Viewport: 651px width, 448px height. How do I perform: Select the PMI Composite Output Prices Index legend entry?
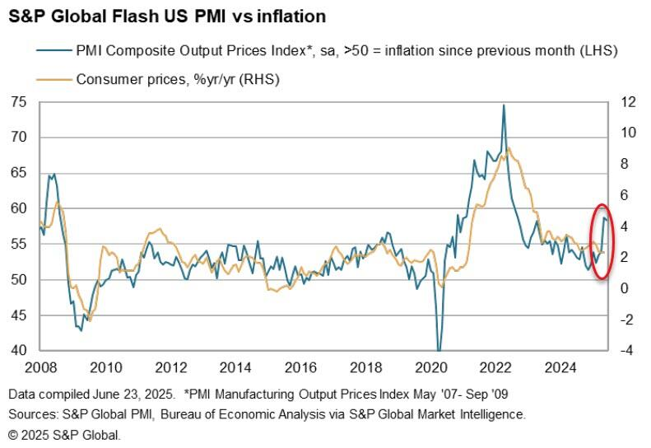click(346, 52)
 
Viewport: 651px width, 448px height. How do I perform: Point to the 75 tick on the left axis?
click(18, 102)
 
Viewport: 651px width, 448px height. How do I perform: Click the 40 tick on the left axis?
click(18, 351)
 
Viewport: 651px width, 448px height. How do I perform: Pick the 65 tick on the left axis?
click(18, 173)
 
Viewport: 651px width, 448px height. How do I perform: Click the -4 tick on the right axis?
click(627, 351)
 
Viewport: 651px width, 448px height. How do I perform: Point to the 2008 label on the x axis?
click(40, 366)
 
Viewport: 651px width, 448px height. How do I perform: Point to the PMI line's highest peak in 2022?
click(503, 105)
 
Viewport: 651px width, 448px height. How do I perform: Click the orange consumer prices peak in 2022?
click(509, 148)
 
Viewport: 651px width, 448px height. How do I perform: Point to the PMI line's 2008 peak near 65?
click(53, 175)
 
